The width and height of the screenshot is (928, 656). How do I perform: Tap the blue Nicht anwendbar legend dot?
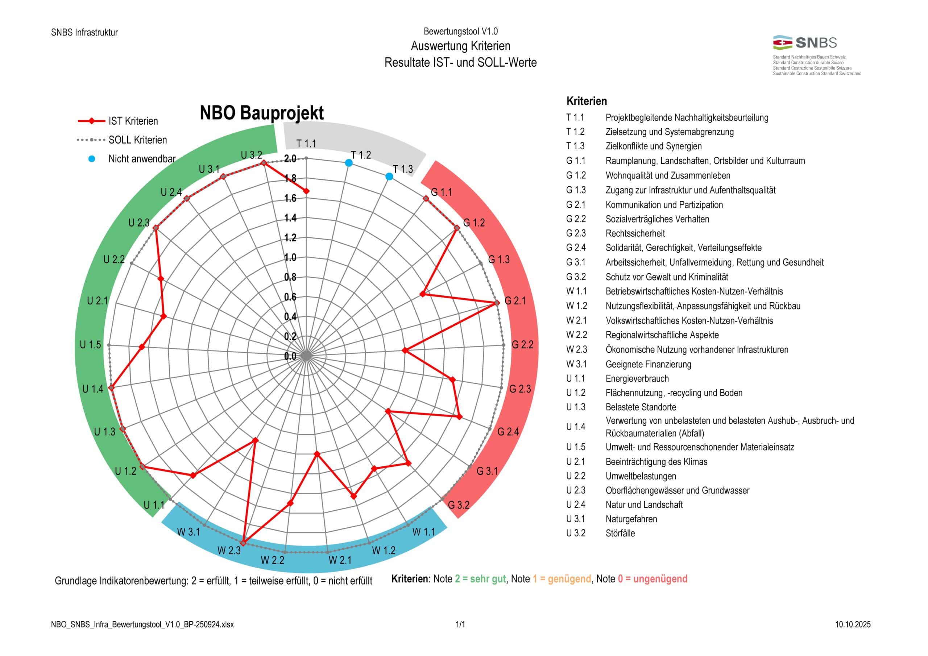tap(92, 159)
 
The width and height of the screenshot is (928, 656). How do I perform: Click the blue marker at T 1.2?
tap(349, 163)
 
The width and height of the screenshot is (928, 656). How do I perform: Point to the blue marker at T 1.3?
tap(389, 177)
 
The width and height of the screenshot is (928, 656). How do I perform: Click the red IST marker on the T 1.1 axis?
tap(306, 191)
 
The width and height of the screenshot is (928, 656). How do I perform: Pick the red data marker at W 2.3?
tap(243, 543)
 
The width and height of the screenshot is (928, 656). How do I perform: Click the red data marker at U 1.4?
tap(112, 387)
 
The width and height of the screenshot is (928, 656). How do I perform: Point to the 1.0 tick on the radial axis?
tap(290, 257)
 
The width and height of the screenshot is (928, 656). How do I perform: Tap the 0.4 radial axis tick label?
tap(290, 316)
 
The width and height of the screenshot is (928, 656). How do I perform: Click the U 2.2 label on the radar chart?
tap(114, 260)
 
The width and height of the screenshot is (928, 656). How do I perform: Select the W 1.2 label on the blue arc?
tap(384, 550)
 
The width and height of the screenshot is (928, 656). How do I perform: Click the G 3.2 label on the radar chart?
tap(459, 505)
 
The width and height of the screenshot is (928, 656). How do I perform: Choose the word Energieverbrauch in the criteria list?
tap(637, 378)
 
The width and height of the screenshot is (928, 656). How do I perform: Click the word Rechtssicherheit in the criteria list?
tap(635, 233)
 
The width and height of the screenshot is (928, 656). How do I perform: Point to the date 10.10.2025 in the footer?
tap(853, 624)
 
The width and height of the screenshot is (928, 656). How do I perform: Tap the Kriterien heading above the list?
tap(587, 101)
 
